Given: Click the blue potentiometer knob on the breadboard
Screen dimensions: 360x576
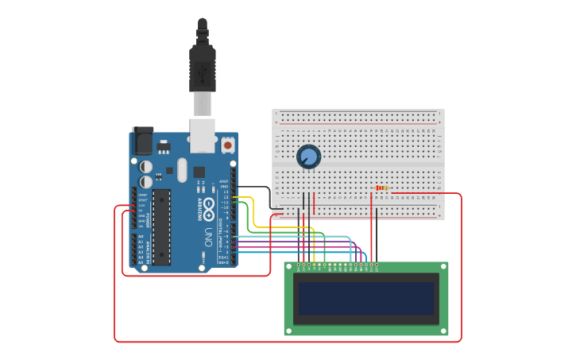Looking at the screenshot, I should pos(308,157).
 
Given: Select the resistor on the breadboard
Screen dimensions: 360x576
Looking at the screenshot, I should pos(383,188).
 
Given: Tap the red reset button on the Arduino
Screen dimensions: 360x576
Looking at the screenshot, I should pos(228,145).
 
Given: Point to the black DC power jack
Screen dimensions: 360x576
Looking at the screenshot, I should pos(143,141).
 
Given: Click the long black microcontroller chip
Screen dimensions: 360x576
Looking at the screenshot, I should pos(161,226).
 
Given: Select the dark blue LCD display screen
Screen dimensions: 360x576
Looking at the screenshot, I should pos(365,298).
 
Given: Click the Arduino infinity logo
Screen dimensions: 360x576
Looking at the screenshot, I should pos(208,209).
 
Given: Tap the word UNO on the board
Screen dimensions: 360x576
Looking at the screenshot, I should pos(209,237).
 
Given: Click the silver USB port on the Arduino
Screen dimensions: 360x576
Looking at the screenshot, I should pos(203,135).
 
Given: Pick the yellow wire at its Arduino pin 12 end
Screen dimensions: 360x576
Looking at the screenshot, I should pos(234,197).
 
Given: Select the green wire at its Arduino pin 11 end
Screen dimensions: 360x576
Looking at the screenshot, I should pos(234,203).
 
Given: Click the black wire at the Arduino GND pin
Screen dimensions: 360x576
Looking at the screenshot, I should pos(234,187).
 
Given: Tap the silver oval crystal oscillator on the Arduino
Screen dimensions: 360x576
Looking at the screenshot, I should pos(182,169).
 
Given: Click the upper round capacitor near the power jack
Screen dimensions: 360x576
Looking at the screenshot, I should pos(146,167).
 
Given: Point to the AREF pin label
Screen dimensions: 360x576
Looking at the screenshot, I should pos(224,181).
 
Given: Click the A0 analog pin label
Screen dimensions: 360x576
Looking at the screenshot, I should pos(141,237).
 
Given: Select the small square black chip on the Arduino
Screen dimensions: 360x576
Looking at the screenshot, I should pos(199,172).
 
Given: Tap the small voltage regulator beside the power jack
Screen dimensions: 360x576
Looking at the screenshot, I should pos(164,146).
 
